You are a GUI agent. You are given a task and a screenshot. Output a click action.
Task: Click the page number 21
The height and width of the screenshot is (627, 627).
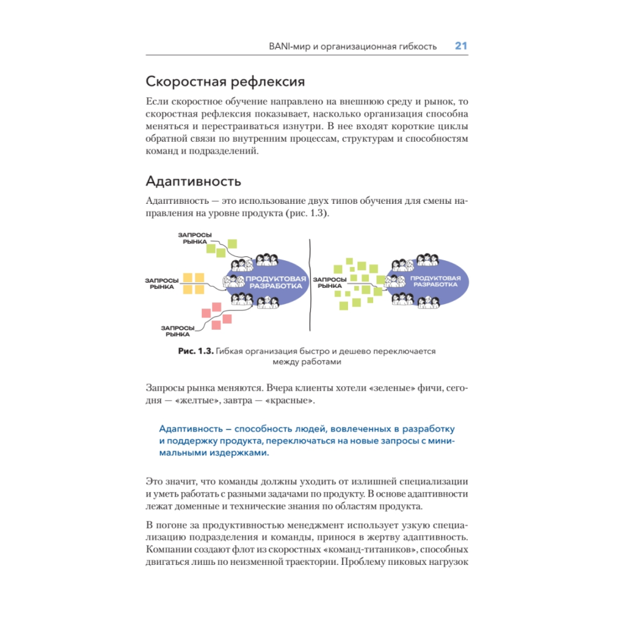coord(461,46)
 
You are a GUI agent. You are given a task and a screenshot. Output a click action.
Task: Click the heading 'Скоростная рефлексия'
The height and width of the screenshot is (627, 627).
coord(225,82)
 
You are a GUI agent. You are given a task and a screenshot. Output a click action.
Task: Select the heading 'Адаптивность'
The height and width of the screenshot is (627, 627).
coord(193,182)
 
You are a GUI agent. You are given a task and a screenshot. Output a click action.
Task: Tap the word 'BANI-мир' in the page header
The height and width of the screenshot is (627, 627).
coord(286,47)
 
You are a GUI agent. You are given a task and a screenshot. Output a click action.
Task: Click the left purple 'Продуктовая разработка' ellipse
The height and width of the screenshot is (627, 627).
coord(270,282)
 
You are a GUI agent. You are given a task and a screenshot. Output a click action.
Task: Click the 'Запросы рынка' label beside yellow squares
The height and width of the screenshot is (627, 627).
coord(161,283)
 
